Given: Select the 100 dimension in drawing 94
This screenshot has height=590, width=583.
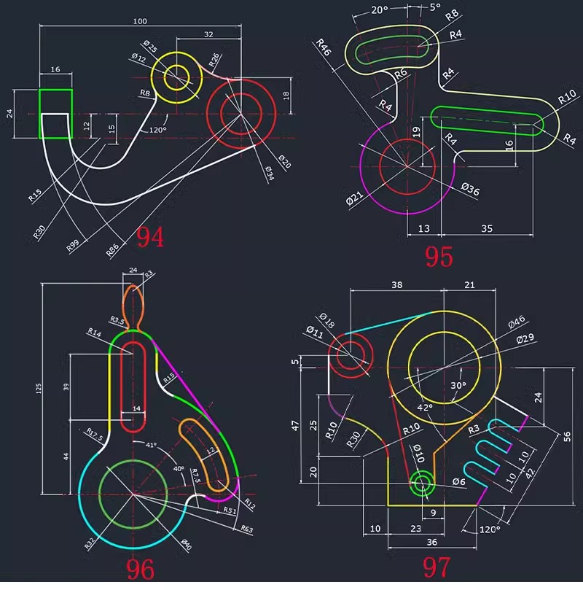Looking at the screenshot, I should click(139, 21).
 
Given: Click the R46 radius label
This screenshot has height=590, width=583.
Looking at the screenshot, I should click(323, 50).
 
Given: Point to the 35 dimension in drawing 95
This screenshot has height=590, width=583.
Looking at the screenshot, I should click(487, 228).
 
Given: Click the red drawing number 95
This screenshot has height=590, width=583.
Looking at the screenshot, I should click(439, 257).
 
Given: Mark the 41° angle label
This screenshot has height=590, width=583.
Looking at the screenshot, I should click(151, 445).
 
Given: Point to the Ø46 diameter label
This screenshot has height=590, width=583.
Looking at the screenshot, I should click(517, 321).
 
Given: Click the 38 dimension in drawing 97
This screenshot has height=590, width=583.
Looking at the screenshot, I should click(396, 285).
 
